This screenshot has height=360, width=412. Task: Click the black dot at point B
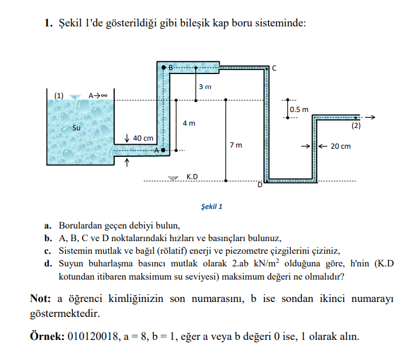click(164, 68)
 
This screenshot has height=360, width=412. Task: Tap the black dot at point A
click(163, 150)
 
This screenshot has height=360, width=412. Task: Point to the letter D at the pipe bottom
click(259, 184)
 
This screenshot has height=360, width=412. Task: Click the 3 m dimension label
click(205, 87)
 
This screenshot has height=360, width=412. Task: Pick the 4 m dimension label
click(189, 123)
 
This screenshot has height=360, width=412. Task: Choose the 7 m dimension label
click(235, 145)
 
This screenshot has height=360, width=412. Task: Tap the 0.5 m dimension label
click(299, 109)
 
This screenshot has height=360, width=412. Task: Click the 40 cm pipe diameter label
click(143, 138)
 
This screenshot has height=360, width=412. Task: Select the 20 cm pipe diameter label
click(341, 146)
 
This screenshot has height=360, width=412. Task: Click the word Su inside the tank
click(76, 127)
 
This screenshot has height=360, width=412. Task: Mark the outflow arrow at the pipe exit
click(370, 117)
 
